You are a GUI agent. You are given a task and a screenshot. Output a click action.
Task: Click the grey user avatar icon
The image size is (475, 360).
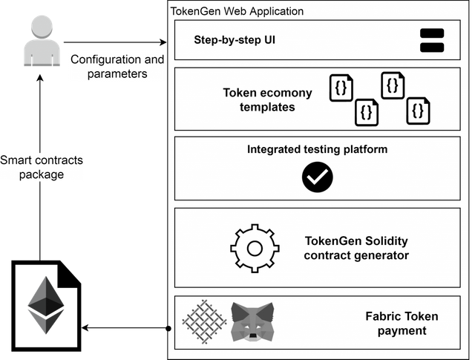(42, 41)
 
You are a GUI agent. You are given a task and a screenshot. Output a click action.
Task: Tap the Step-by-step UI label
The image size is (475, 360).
(235, 40)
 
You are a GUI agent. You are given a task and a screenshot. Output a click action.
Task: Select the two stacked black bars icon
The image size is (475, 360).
(432, 40)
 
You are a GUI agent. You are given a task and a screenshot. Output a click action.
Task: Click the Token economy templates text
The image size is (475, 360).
(267, 99)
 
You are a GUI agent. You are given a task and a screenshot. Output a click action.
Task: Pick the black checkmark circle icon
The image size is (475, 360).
(318, 177)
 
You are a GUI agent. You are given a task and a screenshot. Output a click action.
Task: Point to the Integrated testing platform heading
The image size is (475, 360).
(317, 149)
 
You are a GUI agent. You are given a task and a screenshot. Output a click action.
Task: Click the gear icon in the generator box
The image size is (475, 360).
(255, 249)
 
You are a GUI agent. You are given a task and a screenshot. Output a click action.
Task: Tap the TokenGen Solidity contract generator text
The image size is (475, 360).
(356, 248)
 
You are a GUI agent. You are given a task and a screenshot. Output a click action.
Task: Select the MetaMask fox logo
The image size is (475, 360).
(252, 321)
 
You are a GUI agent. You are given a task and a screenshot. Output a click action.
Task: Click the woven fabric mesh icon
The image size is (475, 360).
(205, 321)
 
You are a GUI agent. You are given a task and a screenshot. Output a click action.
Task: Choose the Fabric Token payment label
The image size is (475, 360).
(402, 324)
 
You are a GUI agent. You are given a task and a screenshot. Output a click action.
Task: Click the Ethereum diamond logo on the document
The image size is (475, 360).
(46, 305)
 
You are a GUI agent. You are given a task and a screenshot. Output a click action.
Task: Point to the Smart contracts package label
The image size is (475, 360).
(42, 167)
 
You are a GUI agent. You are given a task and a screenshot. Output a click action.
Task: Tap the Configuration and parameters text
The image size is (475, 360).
(117, 66)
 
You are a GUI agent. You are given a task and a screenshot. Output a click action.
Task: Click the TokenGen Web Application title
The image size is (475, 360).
(237, 11)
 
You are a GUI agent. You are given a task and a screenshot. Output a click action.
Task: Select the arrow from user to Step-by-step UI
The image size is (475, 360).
(115, 42)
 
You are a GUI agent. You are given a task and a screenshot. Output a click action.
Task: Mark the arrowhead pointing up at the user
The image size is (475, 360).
(39, 78)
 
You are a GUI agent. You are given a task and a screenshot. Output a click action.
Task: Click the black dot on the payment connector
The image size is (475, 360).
(168, 329)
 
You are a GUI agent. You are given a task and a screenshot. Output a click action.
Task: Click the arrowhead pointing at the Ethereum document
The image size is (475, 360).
(85, 328)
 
